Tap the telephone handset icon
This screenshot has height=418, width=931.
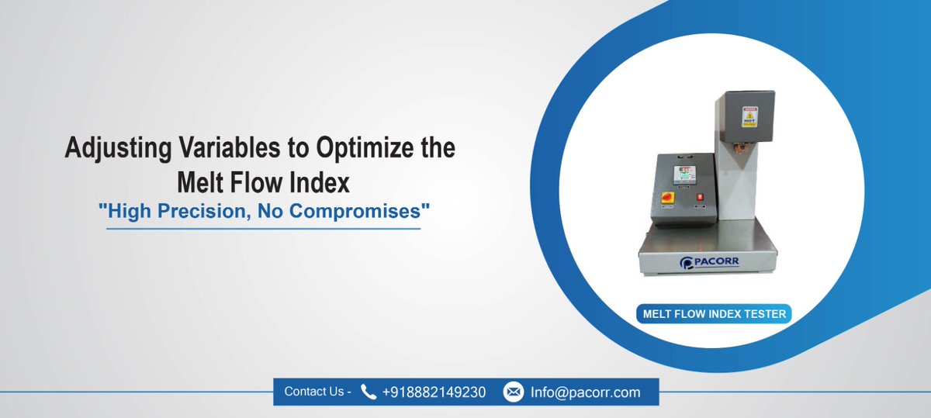(369, 392)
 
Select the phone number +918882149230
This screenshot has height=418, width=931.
(434, 392)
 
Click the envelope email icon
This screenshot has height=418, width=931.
(514, 392)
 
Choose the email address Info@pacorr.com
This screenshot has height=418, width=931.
(586, 392)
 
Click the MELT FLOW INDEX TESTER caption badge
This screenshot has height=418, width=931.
(713, 314)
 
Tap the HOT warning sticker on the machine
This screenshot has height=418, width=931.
(749, 116)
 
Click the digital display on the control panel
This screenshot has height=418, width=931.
(685, 172)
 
